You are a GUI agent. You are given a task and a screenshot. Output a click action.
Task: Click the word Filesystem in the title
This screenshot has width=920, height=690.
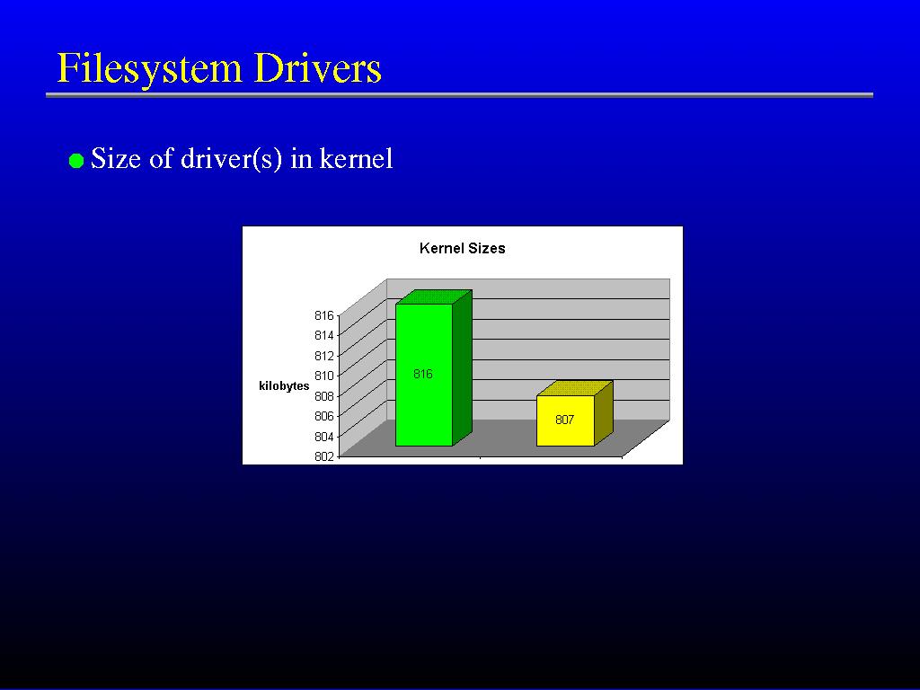149,68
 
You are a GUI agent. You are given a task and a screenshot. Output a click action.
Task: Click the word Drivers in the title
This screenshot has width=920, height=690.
318,67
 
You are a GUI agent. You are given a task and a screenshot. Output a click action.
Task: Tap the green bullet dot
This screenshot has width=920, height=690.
76,161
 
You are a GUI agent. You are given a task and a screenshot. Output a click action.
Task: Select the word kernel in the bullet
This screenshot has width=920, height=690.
356,158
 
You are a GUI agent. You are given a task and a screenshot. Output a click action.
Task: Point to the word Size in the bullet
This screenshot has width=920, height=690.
116,158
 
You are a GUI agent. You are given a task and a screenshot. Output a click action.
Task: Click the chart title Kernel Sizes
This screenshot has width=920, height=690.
463,248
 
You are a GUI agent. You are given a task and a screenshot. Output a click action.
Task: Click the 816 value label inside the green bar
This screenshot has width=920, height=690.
422,374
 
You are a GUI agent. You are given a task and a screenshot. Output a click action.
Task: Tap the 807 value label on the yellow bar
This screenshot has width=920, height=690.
564,420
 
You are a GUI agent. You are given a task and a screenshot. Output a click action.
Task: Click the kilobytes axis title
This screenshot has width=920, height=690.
284,386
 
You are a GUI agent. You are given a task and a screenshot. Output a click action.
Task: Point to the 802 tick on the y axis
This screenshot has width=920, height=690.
323,456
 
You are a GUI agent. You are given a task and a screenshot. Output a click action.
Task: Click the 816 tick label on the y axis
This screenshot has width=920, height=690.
323,315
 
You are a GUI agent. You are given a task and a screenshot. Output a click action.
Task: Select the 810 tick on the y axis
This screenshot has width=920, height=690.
323,376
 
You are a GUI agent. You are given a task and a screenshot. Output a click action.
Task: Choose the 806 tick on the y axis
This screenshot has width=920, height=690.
323,416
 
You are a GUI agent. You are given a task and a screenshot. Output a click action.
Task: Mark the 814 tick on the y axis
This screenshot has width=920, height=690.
323,336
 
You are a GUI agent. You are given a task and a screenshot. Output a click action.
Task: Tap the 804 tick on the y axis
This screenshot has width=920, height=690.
323,437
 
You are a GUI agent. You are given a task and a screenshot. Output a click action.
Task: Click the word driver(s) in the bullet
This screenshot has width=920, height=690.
231,158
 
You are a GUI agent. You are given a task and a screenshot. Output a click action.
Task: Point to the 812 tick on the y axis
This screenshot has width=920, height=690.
323,356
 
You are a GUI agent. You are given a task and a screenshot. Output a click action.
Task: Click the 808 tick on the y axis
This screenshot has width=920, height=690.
323,396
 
